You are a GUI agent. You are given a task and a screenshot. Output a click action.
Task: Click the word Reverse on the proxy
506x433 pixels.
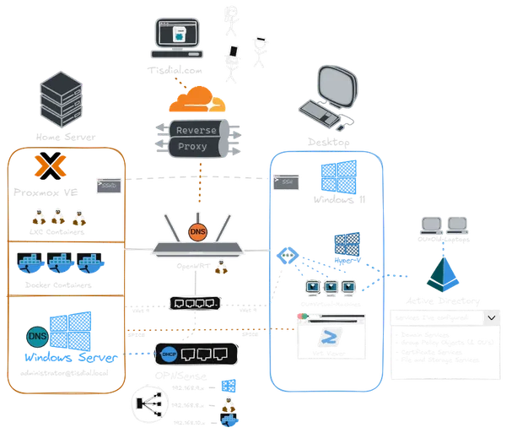[196, 130]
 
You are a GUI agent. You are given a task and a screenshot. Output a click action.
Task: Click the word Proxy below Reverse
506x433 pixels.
[193, 146]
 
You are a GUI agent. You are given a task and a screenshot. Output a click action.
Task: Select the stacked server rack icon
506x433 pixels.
[63, 100]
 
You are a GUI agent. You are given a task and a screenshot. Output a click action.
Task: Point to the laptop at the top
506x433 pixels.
[178, 38]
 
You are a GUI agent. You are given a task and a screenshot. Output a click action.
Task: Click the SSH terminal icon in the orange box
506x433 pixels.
[107, 185]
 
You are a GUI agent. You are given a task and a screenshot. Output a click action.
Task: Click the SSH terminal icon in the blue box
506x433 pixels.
[288, 183]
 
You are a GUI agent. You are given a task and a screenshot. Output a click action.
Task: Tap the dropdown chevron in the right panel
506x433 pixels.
[492, 317]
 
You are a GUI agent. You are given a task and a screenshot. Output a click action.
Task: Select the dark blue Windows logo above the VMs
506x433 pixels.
[346, 244]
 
